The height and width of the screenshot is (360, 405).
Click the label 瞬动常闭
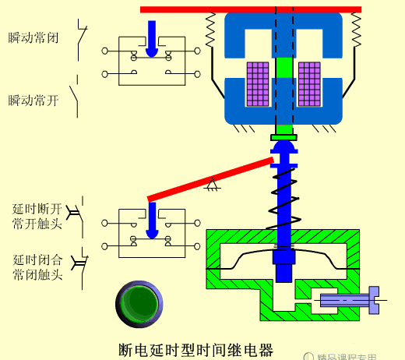click(33, 37)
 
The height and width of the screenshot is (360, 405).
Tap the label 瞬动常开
click(33, 100)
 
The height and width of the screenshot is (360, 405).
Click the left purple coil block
click(257, 84)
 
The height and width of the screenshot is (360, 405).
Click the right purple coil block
click(309, 84)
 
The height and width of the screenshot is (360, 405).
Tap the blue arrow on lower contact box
click(152, 220)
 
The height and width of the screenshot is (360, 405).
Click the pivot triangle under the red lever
click(210, 184)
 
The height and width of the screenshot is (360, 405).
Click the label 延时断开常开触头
click(37, 216)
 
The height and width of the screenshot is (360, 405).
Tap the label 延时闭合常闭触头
click(37, 266)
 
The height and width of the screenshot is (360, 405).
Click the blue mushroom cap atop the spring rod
click(283, 150)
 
